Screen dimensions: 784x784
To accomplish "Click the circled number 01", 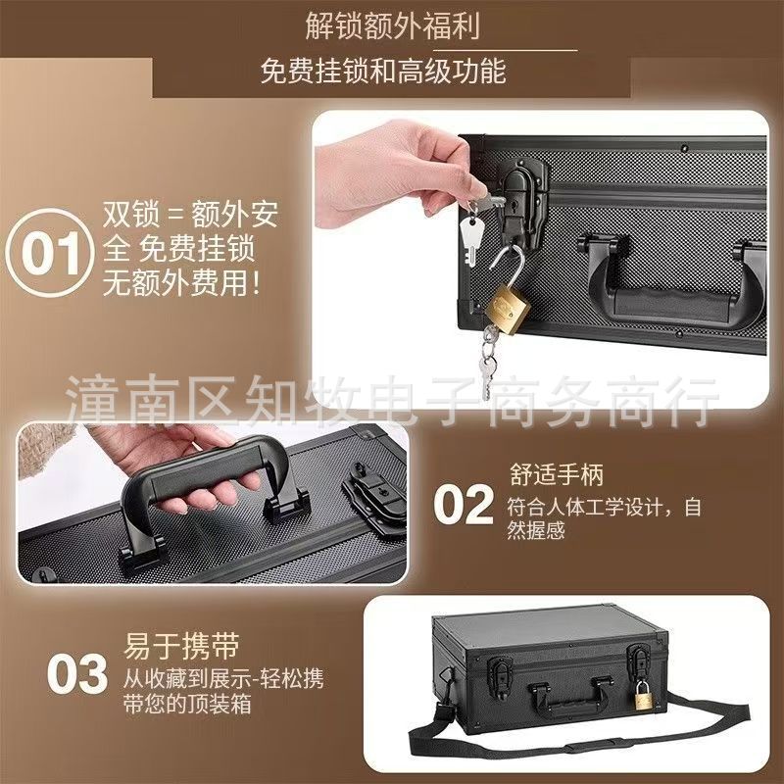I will (50, 253).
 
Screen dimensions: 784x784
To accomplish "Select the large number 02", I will (463, 507).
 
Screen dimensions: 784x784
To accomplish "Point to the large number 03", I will (78, 675).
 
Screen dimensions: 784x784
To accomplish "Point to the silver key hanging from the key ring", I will (469, 237).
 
